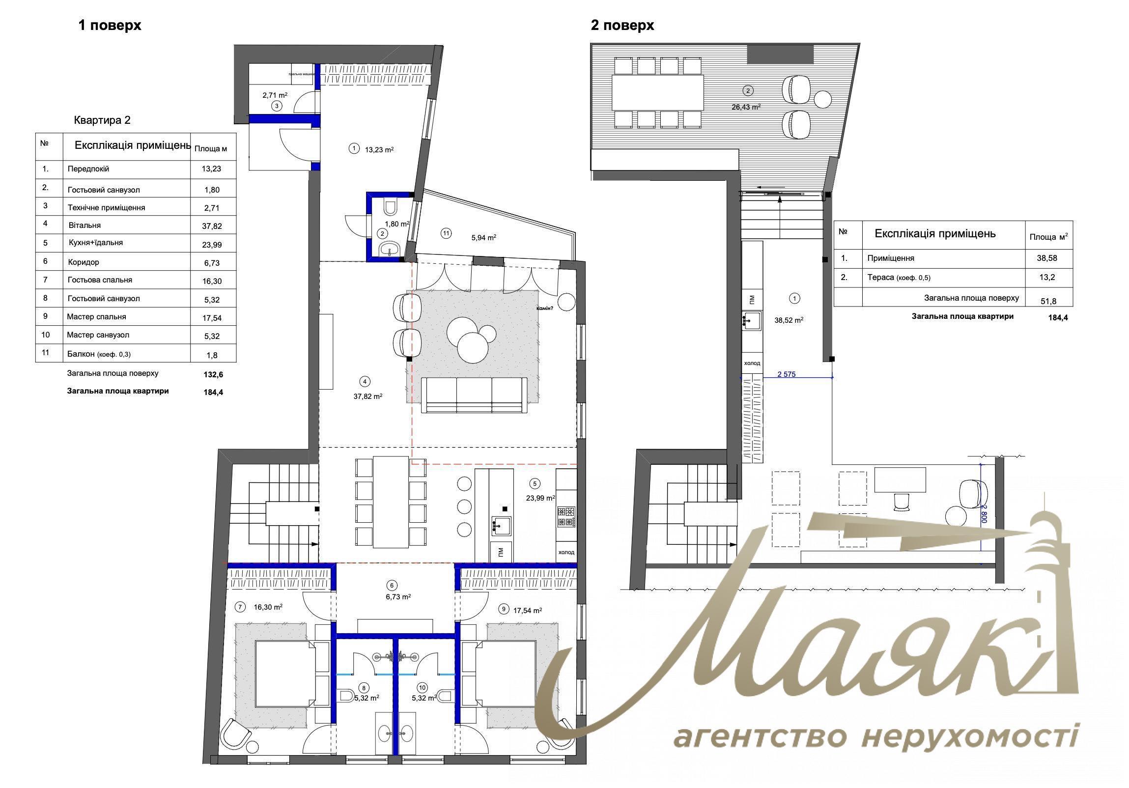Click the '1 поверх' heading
tap(110, 26)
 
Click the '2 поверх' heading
tap(622, 26)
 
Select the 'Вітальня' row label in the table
tap(85, 225)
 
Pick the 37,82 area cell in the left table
tap(212, 226)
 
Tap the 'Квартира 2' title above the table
tap(102, 120)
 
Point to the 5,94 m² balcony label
tap(483, 238)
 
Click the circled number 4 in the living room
tap(365, 381)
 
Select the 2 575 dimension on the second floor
tap(786, 374)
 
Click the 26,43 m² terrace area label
tap(746, 107)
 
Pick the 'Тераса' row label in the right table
tap(880, 277)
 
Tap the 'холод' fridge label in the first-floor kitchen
tap(566, 552)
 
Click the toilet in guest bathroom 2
tap(391, 208)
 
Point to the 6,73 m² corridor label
tap(398, 597)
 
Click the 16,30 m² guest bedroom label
tap(267, 607)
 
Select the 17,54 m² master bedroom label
tap(527, 610)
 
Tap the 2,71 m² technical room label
tap(275, 95)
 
